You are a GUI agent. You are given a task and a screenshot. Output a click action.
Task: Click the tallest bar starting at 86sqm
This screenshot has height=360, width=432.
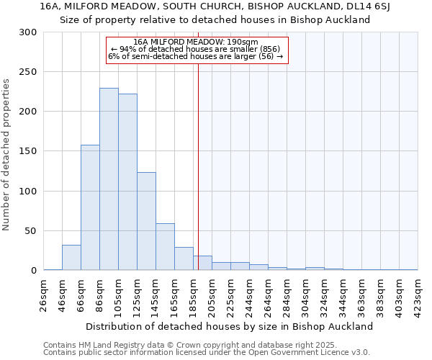click(109, 179)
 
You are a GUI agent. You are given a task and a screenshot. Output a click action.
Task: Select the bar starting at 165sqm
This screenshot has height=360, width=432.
click(184, 258)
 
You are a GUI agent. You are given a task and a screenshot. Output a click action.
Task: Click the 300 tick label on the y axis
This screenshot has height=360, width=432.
click(28, 32)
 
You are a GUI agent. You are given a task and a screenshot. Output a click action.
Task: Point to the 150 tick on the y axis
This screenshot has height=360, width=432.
click(28, 152)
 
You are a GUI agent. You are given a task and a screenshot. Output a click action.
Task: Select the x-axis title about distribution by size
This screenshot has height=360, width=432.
click(230, 326)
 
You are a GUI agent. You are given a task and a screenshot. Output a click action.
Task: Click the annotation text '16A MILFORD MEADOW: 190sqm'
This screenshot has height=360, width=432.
click(196, 42)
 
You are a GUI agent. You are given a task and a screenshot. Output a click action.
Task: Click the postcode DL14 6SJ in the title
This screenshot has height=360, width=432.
click(372, 6)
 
